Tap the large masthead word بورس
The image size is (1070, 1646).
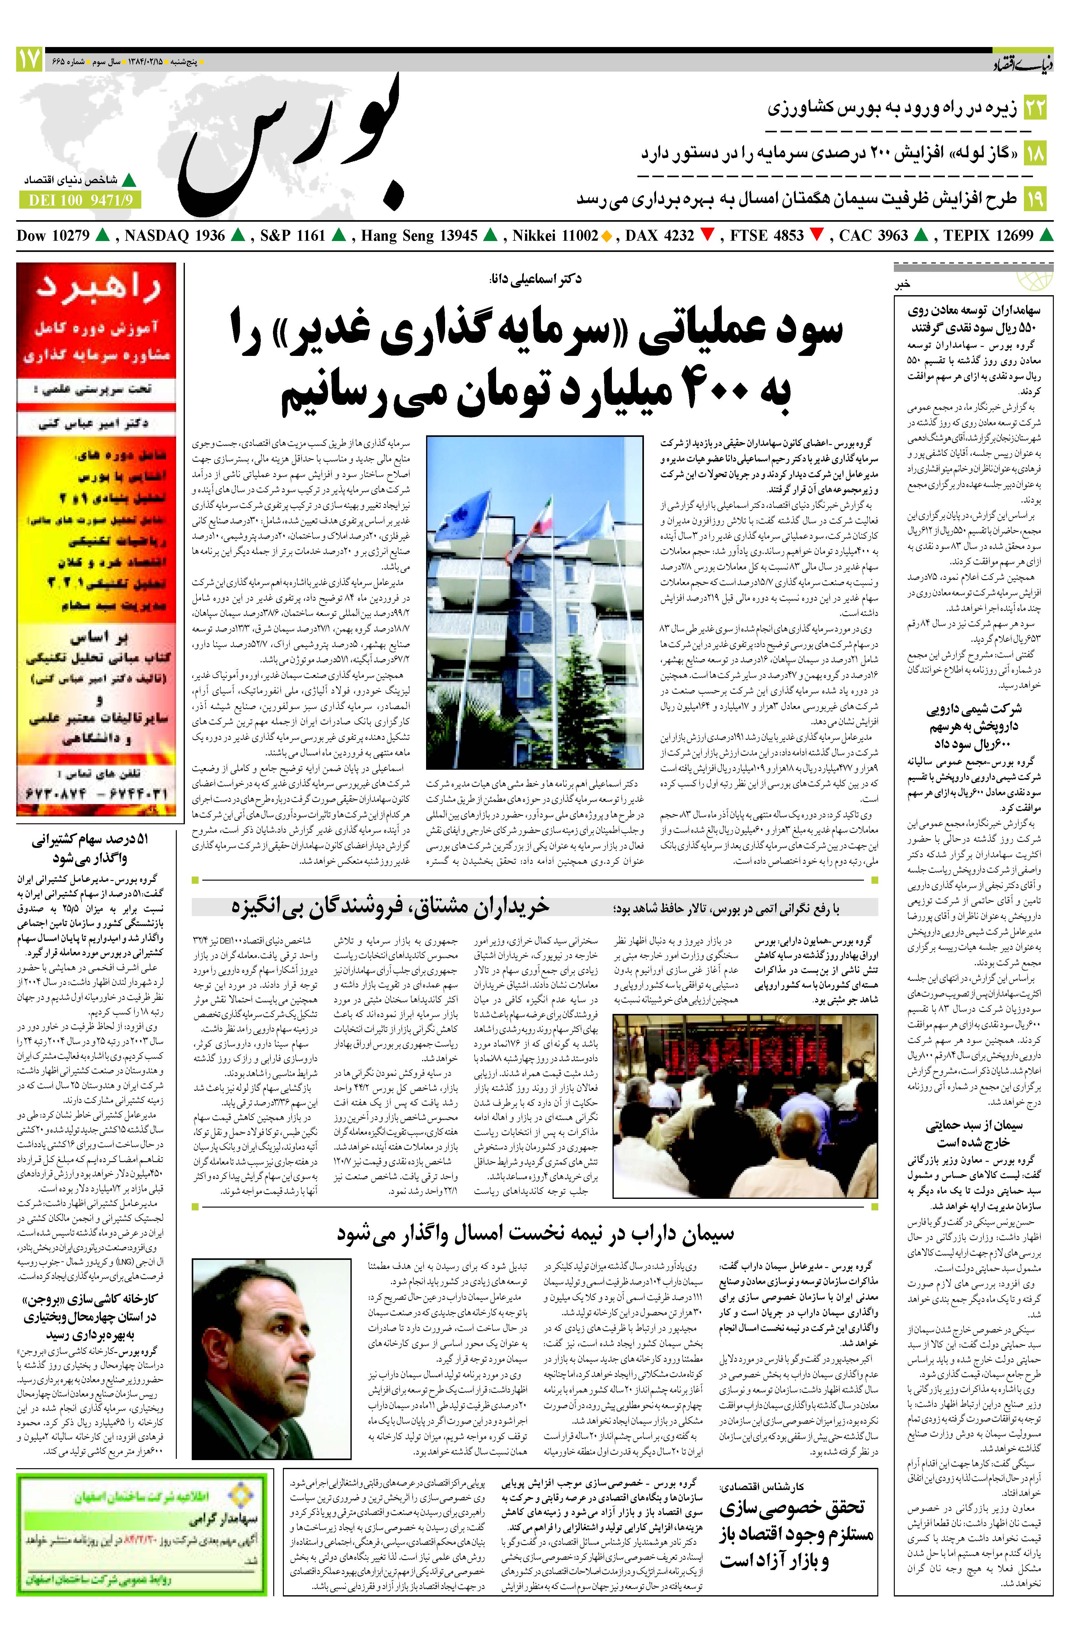290,145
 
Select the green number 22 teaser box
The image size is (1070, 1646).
1035,108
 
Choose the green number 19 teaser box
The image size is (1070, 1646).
1035,198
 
